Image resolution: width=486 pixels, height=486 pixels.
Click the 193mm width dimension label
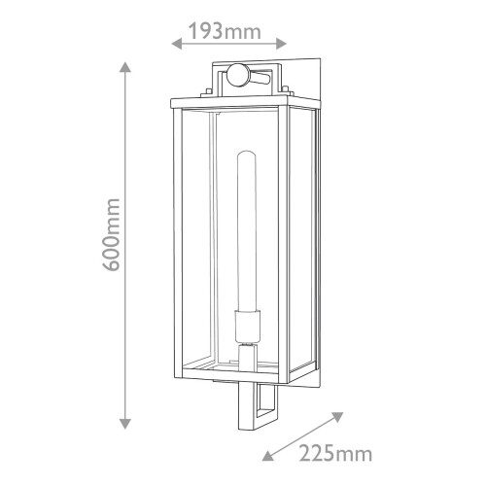[225, 31]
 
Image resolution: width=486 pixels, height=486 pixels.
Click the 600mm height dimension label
[111, 234]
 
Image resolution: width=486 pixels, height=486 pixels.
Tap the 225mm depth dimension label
[335, 454]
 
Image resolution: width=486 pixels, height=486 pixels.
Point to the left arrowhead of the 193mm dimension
[176, 43]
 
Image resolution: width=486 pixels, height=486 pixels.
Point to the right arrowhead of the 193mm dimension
[281, 43]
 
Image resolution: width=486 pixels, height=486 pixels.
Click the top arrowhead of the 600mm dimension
[125, 67]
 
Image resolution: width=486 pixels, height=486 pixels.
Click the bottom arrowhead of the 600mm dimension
[125, 424]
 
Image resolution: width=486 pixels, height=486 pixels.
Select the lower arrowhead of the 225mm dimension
[267, 455]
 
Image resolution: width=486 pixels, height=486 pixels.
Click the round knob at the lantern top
[237, 75]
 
